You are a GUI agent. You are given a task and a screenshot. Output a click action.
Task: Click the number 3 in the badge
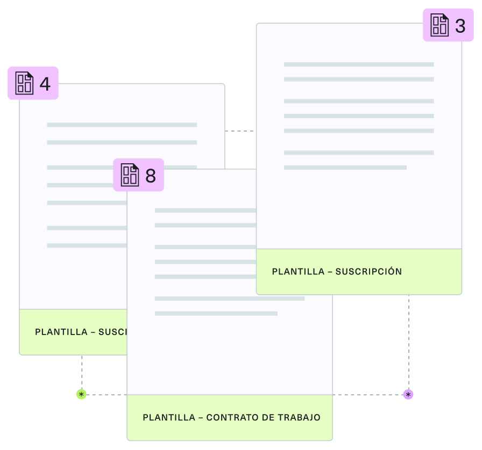(460, 25)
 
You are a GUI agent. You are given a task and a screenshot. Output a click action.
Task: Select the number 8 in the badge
(151, 176)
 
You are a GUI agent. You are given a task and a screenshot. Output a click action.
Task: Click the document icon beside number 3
(440, 25)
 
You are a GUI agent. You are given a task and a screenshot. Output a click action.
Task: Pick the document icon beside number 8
(130, 175)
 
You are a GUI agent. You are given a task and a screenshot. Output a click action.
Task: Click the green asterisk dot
(81, 395)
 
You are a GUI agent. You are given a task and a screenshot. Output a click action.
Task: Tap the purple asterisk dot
(408, 395)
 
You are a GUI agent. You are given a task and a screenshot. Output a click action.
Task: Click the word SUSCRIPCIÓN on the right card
(368, 271)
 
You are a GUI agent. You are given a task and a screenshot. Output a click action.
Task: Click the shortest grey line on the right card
(345, 168)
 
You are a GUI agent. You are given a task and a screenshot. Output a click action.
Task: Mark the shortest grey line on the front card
(216, 313)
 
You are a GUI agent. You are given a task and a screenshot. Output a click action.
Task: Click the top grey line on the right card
(358, 64)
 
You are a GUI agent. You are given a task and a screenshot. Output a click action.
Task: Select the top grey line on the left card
(122, 125)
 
